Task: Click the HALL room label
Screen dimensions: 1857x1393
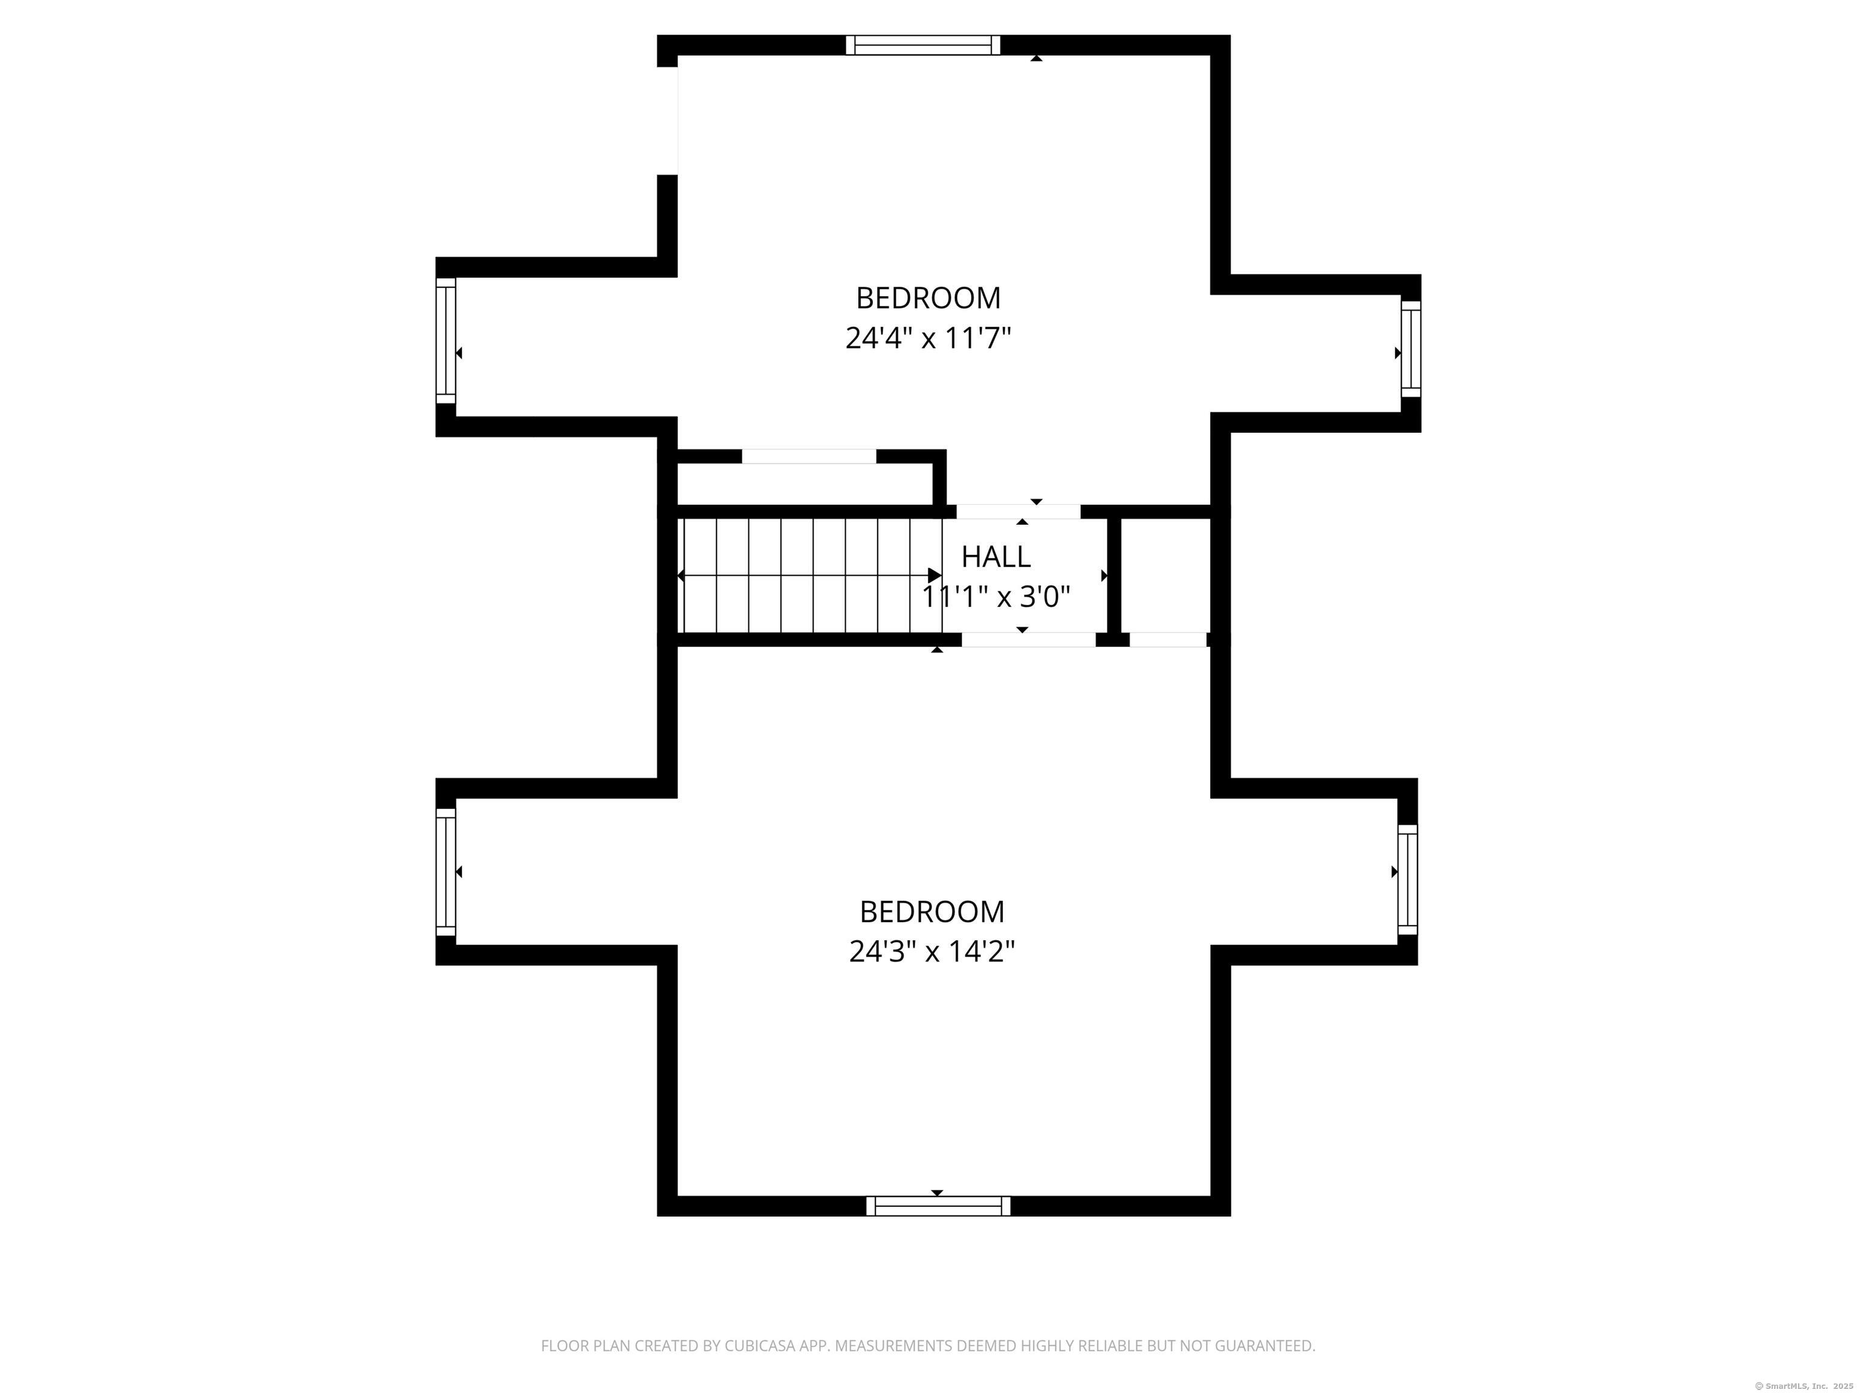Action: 996,557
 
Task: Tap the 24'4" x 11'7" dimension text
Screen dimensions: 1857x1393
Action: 928,339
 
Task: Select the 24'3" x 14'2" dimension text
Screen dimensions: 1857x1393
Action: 932,951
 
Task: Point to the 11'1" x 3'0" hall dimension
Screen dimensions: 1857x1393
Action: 996,597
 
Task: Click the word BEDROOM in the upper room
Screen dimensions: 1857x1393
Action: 928,298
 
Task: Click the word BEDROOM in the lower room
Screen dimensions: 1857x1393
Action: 932,911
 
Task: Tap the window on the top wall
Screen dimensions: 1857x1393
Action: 922,45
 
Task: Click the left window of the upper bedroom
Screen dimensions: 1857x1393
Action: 446,341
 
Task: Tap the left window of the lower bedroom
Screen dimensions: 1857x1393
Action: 446,872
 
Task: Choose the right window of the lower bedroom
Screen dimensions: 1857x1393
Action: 1408,879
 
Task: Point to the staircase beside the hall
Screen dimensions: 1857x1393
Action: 809,575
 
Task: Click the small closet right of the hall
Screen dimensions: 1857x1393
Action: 1166,575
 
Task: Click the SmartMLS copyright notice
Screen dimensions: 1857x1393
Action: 1804,1386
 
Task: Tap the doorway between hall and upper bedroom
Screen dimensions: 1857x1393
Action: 1019,511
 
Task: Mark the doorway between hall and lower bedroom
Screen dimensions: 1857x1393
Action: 1028,639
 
